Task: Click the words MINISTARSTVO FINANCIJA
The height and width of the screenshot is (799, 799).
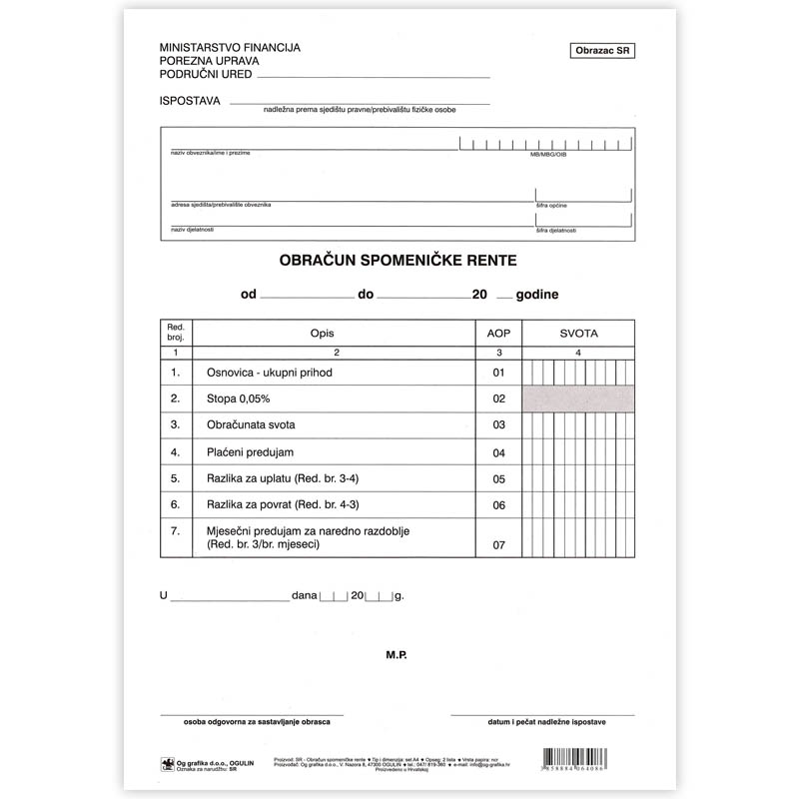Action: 230,47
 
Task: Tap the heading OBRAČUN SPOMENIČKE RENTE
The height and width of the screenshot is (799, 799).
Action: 397,262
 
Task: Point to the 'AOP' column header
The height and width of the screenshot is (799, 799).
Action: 497,334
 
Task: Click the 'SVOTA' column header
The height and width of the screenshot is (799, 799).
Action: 578,334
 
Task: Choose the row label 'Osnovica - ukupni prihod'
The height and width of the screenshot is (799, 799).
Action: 269,373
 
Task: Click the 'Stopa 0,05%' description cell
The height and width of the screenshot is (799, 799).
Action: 233,399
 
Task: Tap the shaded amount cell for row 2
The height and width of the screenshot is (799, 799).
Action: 578,399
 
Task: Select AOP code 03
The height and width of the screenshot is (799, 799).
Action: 497,426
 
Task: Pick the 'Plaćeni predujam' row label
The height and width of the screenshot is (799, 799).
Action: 250,452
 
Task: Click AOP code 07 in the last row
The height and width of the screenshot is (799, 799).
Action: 497,545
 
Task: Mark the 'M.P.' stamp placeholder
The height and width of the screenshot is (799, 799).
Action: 397,656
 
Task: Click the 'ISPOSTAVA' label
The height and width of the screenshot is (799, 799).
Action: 190,101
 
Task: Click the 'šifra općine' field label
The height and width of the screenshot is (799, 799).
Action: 551,205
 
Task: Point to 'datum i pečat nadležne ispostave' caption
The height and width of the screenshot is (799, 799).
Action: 542,720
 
